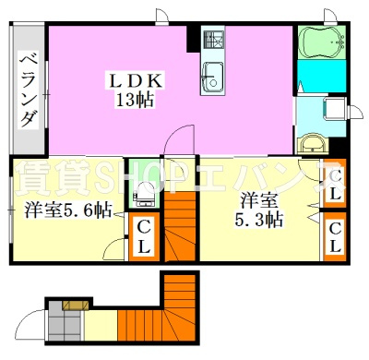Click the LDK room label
coord(135,81)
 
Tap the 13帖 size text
coord(135,100)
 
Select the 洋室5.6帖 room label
coord(68,210)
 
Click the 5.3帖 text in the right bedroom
coord(258,220)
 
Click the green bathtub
coord(321,42)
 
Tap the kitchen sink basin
coord(213,77)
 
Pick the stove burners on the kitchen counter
coord(213,40)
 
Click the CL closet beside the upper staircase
coord(143,236)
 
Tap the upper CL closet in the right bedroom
coord(335,184)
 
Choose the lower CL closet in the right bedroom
coord(335,236)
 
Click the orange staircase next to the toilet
coord(180,226)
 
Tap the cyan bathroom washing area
coord(321,76)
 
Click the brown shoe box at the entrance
coord(76,306)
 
